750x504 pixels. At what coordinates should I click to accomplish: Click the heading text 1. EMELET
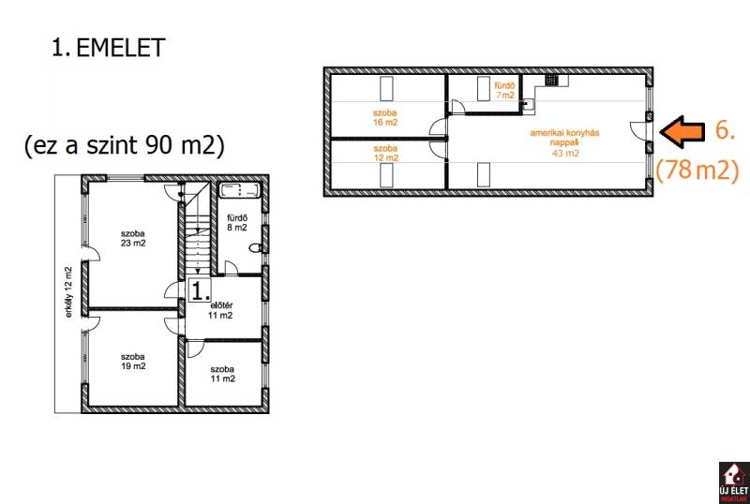(108, 48)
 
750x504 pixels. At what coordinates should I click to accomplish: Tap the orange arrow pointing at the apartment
(682, 131)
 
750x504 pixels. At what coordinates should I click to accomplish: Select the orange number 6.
(725, 129)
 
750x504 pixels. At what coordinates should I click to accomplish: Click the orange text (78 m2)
(697, 170)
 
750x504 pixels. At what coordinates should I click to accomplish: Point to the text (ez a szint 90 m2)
(125, 145)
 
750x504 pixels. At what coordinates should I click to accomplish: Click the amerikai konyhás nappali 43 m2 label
(564, 142)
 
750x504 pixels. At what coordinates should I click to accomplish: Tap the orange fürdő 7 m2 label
(504, 90)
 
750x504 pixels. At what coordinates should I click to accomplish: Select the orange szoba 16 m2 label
(385, 118)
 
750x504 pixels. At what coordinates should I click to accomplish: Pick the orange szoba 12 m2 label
(385, 153)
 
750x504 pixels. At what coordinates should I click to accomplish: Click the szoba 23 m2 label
(133, 238)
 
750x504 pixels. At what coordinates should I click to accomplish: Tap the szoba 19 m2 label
(133, 362)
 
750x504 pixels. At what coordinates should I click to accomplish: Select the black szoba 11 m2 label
(222, 374)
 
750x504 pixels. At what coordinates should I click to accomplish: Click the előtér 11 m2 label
(220, 310)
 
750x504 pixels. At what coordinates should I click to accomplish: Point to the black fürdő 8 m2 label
(237, 223)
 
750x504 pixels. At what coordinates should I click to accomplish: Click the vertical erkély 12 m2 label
(69, 292)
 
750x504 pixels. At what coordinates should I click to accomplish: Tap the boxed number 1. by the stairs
(200, 289)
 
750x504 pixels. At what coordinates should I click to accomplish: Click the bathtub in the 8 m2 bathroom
(239, 190)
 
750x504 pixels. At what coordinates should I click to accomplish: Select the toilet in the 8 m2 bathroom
(256, 248)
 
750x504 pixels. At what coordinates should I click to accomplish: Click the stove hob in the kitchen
(551, 80)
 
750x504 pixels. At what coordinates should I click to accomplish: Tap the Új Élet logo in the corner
(734, 482)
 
